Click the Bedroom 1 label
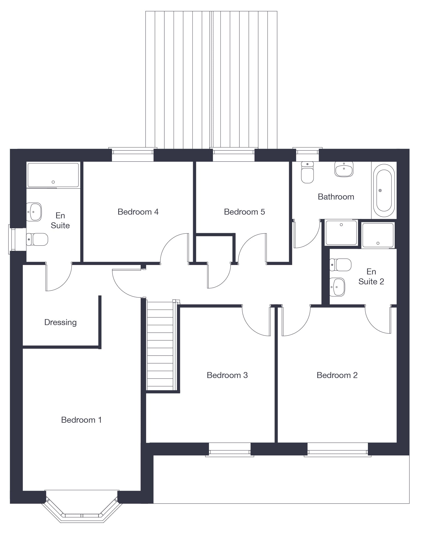click(x=81, y=420)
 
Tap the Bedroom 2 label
click(x=337, y=375)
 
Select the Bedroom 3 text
click(x=227, y=375)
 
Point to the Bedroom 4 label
click(x=138, y=212)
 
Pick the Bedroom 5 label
click(x=244, y=212)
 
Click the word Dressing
click(x=60, y=323)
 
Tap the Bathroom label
click(x=336, y=197)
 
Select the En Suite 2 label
click(x=371, y=276)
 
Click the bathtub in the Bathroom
click(x=384, y=190)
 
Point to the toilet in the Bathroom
click(x=307, y=172)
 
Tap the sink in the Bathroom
click(x=344, y=169)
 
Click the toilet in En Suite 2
click(x=341, y=265)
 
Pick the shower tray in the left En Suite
click(x=53, y=175)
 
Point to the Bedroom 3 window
click(x=230, y=449)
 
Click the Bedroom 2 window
click(x=338, y=449)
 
